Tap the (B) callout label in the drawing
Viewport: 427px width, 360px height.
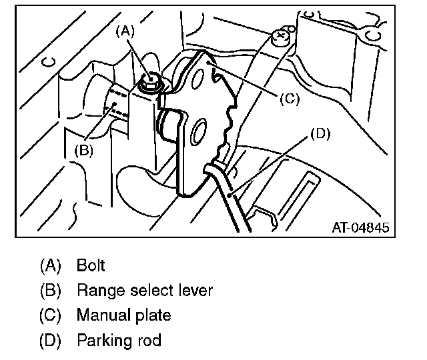[x=83, y=151]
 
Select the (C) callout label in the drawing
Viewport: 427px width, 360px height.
[x=288, y=98]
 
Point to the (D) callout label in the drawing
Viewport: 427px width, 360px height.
[x=320, y=133]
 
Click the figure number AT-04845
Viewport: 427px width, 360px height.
[x=360, y=227]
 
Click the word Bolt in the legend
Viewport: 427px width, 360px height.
[x=91, y=265]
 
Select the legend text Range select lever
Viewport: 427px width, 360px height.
[x=145, y=290]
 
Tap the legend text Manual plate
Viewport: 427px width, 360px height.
[x=123, y=315]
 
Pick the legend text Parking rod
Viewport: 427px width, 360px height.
[x=119, y=340]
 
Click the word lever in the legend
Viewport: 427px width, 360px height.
[x=195, y=290]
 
